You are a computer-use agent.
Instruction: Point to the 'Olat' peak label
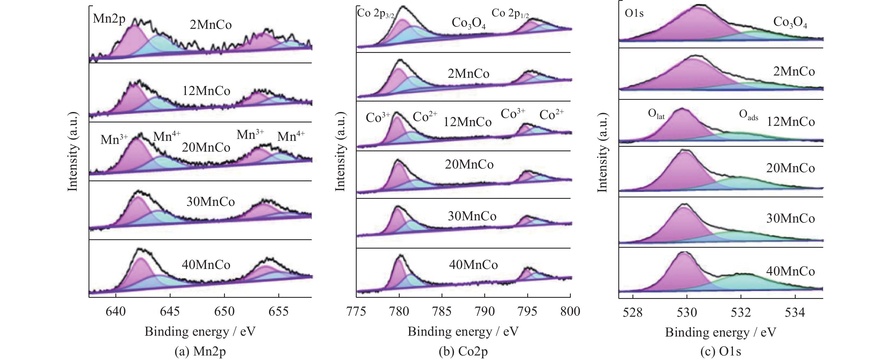(656, 114)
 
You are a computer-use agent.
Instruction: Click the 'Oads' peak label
(748, 115)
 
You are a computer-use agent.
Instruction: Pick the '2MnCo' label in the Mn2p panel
(211, 25)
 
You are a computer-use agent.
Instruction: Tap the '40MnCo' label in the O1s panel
(790, 271)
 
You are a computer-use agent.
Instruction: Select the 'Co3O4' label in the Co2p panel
(469, 23)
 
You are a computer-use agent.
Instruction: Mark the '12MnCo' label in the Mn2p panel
(206, 91)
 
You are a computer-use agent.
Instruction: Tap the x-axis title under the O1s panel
(720, 332)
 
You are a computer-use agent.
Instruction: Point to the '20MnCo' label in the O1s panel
(790, 168)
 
